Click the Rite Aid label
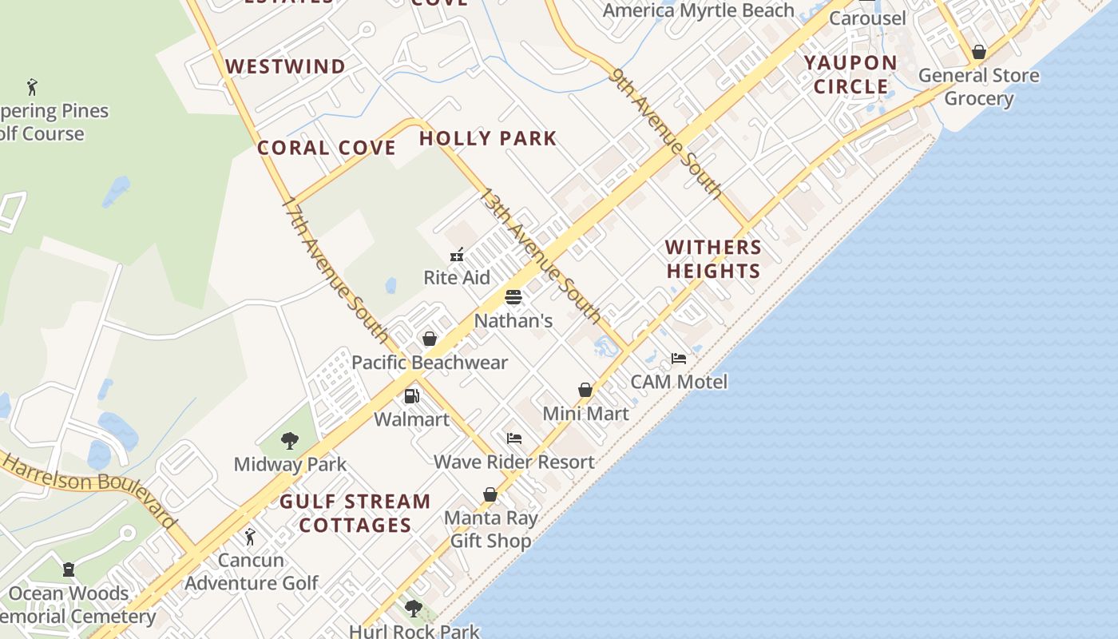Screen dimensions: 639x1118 click(457, 277)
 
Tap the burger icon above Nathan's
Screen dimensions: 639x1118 click(513, 298)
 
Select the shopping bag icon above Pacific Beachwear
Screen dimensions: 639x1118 click(430, 339)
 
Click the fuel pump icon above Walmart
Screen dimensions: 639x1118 click(412, 395)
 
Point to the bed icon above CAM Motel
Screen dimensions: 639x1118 click(679, 359)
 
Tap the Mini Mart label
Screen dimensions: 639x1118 click(585, 414)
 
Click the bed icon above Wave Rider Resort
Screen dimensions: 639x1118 click(514, 439)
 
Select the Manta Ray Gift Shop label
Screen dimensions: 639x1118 click(490, 529)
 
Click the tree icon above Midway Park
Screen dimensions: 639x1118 click(290, 440)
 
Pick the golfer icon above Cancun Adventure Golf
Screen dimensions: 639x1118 click(250, 537)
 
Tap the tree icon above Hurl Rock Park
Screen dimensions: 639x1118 click(414, 609)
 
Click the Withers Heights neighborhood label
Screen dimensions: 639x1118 click(714, 259)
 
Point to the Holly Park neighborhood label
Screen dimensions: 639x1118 click(488, 138)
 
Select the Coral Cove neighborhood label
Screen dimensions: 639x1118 click(327, 148)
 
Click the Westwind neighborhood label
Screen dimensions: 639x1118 click(286, 66)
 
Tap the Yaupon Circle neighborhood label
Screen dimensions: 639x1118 click(850, 74)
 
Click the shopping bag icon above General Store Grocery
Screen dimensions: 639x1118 click(979, 53)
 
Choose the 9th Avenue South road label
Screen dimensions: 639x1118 click(666, 132)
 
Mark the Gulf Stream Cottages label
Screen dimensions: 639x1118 click(355, 513)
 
